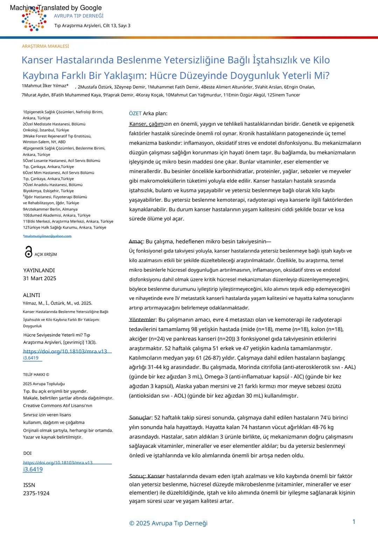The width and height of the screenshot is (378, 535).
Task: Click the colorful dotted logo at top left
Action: pos(34,20)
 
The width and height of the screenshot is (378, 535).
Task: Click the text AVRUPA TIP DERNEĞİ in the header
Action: pos(79,16)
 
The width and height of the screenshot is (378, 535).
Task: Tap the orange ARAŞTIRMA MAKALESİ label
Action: pos(45,46)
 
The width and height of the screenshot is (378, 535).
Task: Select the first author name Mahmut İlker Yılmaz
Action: pos(46,86)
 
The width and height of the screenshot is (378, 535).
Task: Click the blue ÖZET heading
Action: pos(135,114)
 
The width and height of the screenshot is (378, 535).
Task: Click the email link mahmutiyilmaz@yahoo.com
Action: pos(48,236)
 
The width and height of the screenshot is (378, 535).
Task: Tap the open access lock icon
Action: pos(28,252)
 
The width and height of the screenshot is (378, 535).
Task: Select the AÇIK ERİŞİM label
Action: pos(45,254)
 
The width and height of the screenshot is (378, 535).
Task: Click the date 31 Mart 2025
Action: pos(40,278)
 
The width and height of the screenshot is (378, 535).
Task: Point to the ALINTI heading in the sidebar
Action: pos(31,295)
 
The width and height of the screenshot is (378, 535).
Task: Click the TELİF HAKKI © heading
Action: pos(36,375)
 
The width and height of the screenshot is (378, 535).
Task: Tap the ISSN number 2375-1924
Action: pos(36,493)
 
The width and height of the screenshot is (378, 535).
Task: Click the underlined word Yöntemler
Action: pos(142,320)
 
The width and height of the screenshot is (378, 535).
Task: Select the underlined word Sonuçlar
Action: pos(140,418)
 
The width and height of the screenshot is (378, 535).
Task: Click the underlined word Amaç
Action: pos(136,241)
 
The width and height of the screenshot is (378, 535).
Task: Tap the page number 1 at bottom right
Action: pos(354,522)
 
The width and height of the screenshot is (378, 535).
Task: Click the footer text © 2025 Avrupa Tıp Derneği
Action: pos(168,523)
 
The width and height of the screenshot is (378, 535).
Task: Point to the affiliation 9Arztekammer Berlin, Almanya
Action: pos(50,209)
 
